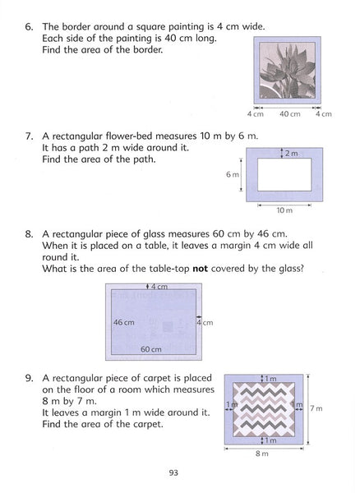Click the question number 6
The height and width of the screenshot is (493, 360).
click(28, 27)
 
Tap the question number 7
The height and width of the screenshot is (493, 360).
click(29, 136)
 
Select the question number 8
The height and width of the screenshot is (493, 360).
click(29, 234)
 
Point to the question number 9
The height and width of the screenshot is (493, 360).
click(29, 378)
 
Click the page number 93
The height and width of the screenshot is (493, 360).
click(173, 472)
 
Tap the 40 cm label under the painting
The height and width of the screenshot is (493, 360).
click(290, 114)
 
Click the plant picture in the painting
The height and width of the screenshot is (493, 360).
click(288, 70)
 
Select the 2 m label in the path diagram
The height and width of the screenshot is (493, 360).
click(292, 154)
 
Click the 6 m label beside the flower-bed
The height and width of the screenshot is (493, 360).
click(233, 174)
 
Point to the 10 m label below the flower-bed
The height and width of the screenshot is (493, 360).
click(284, 210)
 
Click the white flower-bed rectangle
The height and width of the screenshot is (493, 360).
click(284, 174)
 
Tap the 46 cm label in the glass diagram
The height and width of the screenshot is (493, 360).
click(124, 322)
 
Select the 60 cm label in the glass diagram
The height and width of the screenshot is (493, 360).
click(151, 349)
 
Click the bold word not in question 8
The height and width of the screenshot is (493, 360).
click(200, 269)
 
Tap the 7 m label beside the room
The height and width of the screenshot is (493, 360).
click(316, 408)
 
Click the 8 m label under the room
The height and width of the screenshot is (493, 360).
click(262, 454)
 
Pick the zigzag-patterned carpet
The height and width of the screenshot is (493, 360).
click(264, 409)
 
